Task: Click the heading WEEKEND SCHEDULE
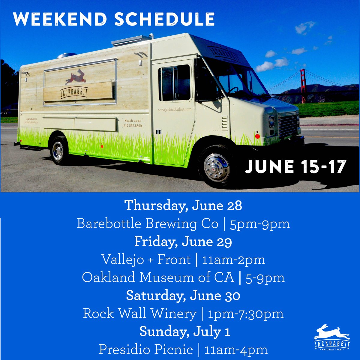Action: click(114, 19)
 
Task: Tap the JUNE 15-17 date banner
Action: click(295, 167)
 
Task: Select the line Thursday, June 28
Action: click(183, 206)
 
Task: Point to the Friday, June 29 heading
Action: click(183, 242)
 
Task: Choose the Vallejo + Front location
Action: click(146, 260)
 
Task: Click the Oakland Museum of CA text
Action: click(158, 278)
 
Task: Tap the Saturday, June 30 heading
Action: click(183, 296)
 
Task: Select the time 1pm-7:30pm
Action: click(246, 314)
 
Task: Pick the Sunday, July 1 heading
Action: click(184, 332)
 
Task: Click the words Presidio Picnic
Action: click(146, 350)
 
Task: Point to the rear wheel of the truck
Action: click(58, 151)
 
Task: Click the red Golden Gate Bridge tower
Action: click(303, 86)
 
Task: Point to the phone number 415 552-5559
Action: click(133, 126)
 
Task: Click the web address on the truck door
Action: click(174, 110)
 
